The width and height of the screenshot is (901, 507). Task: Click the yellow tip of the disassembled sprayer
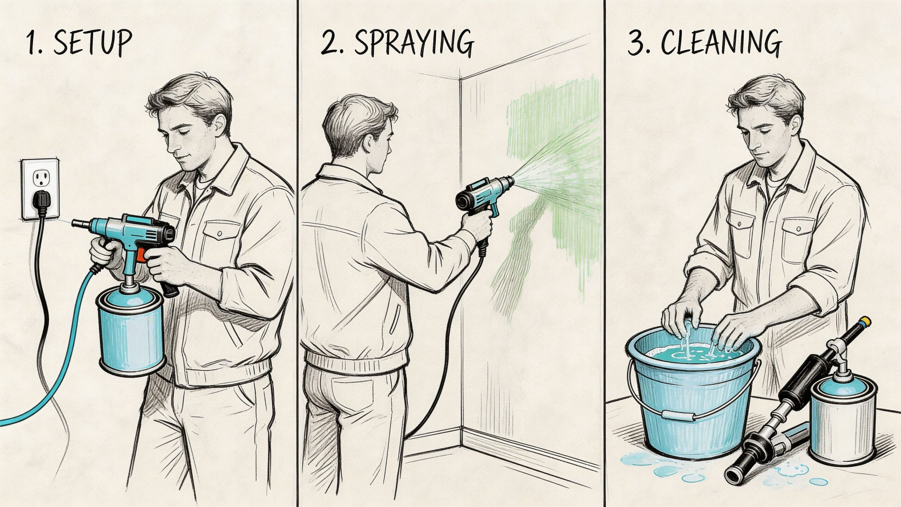click(865, 322)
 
